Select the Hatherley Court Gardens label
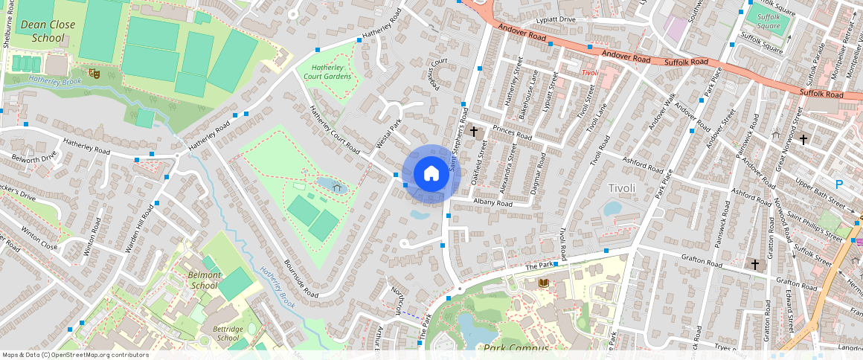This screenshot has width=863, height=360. (x=328, y=72)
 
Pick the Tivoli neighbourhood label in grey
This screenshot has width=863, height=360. (x=622, y=188)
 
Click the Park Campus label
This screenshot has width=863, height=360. (x=516, y=348)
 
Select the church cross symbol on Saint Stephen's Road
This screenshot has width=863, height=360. (x=473, y=132)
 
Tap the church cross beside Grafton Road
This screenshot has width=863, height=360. (x=755, y=264)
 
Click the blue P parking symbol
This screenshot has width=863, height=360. (x=839, y=184)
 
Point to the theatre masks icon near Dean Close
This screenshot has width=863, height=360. (x=94, y=73)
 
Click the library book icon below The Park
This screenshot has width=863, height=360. (x=543, y=283)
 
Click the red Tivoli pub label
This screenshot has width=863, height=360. (x=590, y=73)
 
